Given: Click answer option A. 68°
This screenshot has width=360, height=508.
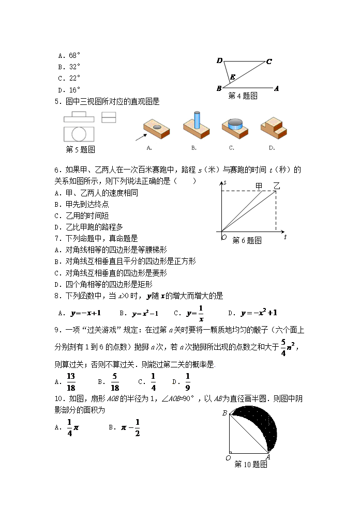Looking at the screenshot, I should (69, 55).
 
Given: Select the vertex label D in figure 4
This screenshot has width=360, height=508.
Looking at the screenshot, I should (219, 61).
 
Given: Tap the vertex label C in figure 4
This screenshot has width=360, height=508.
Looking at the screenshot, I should (269, 62).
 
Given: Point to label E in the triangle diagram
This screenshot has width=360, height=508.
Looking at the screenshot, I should (233, 78).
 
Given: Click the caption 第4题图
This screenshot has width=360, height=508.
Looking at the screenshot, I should (243, 96).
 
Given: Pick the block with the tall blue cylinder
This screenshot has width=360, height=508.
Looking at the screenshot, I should (196, 127).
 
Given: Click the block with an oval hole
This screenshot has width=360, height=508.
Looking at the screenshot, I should (156, 129).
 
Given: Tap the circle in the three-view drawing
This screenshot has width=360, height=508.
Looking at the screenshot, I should (79, 134).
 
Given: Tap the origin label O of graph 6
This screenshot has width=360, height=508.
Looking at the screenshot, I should (224, 237).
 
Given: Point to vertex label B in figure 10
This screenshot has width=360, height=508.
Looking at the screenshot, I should (224, 413).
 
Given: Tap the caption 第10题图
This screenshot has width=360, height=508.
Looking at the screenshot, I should (250, 464).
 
